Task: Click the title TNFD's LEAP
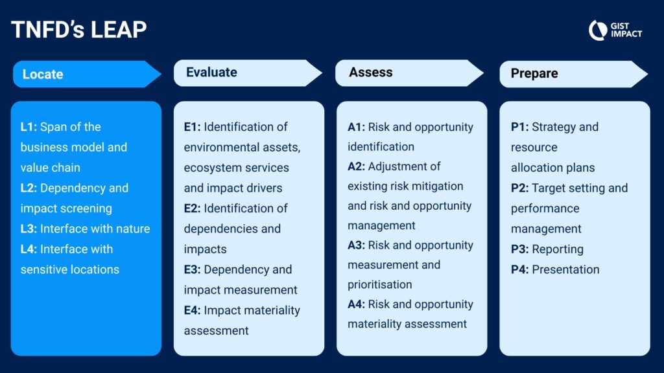click(78, 30)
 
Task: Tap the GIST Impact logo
click(615, 30)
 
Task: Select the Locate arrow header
click(87, 74)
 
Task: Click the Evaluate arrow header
click(248, 73)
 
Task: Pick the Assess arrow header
click(410, 73)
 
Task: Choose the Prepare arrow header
click(574, 74)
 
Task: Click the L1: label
click(29, 127)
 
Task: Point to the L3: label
click(29, 229)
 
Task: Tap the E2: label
click(192, 209)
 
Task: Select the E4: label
click(192, 310)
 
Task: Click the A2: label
click(356, 166)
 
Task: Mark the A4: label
click(356, 304)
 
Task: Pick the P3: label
click(519, 249)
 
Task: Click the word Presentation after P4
click(565, 269)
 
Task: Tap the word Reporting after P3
click(558, 249)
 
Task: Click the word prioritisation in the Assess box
click(380, 285)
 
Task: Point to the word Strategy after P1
click(552, 128)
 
